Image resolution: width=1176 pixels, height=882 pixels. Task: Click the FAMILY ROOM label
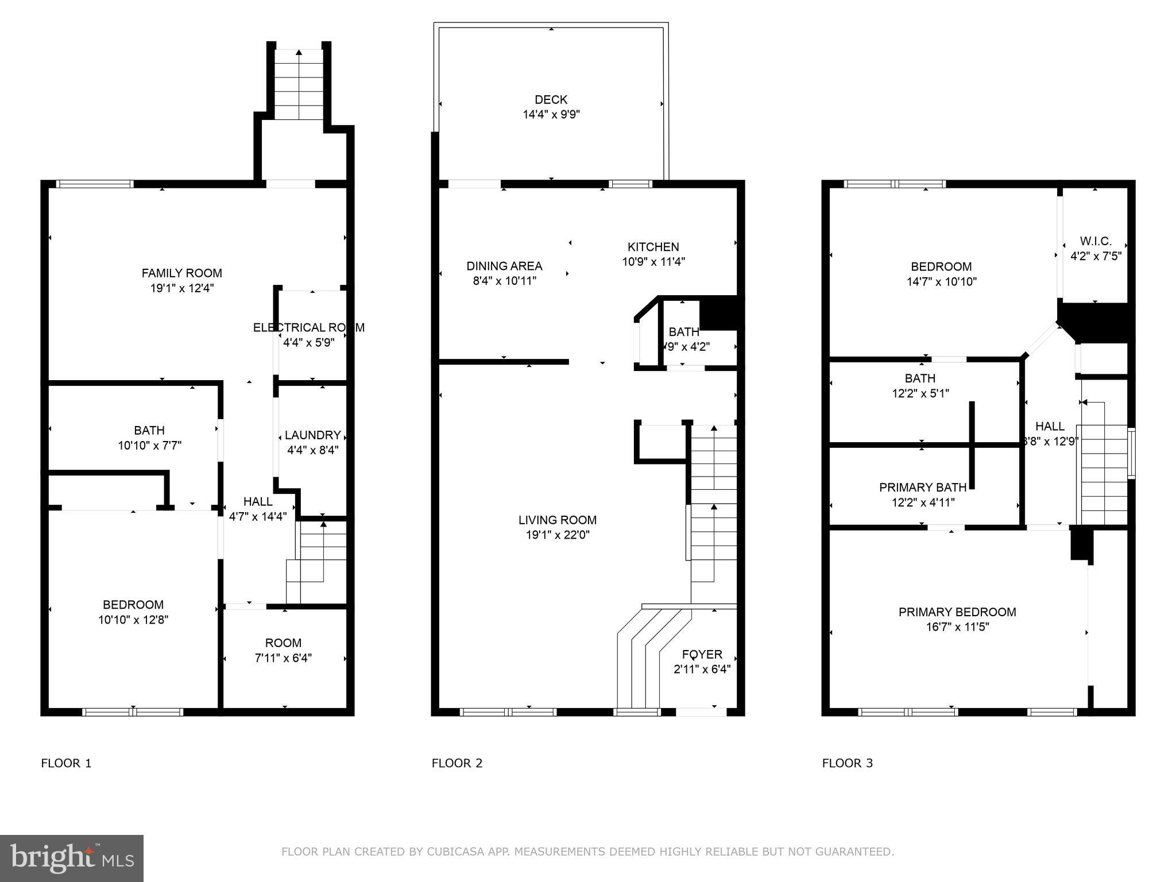181,273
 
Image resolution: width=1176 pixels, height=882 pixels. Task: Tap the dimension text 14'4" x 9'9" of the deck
551,115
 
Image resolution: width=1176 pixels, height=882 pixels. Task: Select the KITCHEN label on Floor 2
653,247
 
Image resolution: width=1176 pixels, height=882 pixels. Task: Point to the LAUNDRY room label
312,435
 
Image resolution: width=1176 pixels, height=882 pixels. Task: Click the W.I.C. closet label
1095,241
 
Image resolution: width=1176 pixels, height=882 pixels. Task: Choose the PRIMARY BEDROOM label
957,612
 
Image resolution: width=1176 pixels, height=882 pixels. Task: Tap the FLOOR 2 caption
457,763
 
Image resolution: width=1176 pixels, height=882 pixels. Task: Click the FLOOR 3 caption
847,763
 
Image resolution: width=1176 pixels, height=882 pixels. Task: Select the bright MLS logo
72,858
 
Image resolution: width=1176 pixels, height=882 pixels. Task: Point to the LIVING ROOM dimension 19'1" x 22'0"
557,535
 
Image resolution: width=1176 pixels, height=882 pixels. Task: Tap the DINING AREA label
504,266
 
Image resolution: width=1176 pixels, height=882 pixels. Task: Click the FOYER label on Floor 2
702,655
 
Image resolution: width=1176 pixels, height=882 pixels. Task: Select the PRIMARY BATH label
922,488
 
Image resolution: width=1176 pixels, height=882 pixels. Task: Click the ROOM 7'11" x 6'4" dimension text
283,658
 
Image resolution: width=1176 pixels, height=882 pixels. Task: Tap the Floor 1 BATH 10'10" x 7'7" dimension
149,445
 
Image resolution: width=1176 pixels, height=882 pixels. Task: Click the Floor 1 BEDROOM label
133,605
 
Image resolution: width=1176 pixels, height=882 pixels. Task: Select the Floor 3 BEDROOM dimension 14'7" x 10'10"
941,282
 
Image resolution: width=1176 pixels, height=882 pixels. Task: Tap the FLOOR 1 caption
66,763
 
